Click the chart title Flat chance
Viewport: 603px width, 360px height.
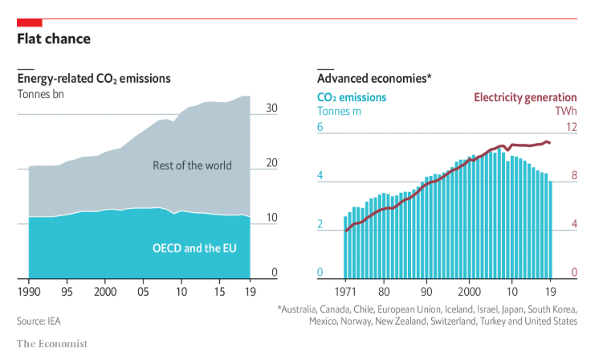(54, 39)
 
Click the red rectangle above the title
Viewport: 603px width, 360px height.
(30, 22)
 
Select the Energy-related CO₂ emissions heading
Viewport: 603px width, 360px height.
(94, 78)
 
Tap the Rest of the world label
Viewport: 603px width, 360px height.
(192, 166)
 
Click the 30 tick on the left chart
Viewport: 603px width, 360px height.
(271, 108)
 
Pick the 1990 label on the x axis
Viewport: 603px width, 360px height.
(29, 289)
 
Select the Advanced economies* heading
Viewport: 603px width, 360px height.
(374, 78)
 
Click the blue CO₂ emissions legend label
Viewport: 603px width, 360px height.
(352, 97)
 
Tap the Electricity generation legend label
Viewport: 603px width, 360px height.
(524, 97)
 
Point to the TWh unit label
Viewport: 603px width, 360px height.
(566, 111)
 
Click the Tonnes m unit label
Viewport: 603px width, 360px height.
(340, 111)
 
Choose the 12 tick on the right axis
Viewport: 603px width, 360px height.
(572, 128)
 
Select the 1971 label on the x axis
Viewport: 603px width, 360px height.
(347, 290)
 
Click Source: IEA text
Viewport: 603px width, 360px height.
(39, 321)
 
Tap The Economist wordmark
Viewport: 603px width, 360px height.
(52, 344)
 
